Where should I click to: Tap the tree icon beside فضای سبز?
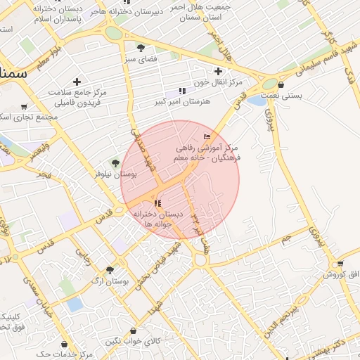point(141,48)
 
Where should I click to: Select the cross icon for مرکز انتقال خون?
point(218,71)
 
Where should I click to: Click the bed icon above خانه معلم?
point(206,136)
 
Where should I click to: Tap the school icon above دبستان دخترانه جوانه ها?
point(156,204)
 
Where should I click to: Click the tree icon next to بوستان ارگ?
point(109,270)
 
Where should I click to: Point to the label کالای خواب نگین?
point(133,342)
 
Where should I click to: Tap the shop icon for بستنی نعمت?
point(281,84)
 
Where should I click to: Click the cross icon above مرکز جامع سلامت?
point(77,82)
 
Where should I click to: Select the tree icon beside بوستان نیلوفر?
point(115,163)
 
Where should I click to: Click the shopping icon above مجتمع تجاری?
point(25,107)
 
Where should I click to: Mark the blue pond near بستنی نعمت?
point(257,101)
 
